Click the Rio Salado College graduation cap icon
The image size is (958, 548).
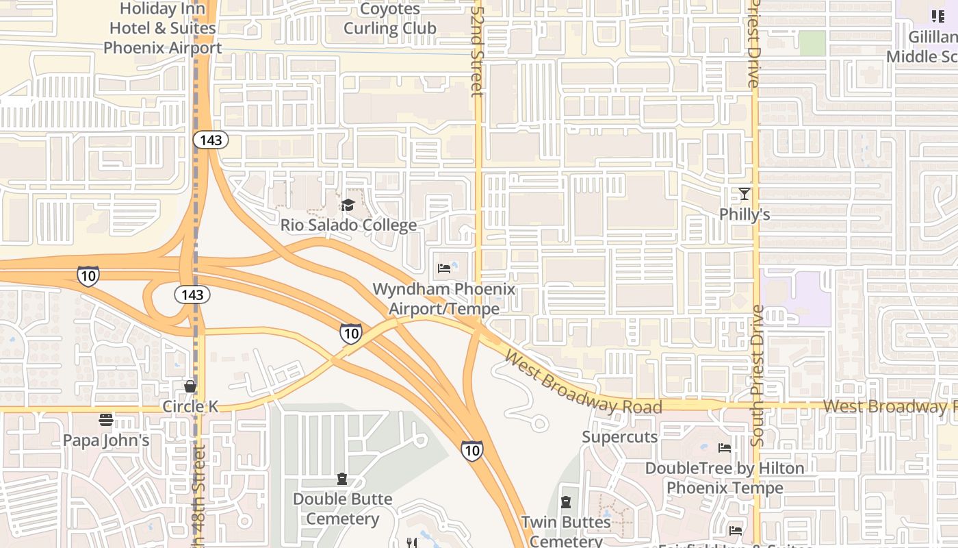pyautogui.click(x=348, y=206)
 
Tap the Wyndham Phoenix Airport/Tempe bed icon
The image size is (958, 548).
pyautogui.click(x=444, y=269)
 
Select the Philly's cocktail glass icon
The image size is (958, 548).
pyautogui.click(x=745, y=195)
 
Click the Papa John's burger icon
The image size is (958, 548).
pyautogui.click(x=105, y=419)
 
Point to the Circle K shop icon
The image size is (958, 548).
pyautogui.click(x=190, y=386)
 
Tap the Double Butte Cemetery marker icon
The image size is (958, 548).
pyautogui.click(x=342, y=479)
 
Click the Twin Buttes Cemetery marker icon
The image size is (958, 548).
pyautogui.click(x=565, y=503)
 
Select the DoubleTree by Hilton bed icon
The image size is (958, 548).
pyautogui.click(x=725, y=448)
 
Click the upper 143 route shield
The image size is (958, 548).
pyautogui.click(x=210, y=140)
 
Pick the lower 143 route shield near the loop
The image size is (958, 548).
pyautogui.click(x=192, y=295)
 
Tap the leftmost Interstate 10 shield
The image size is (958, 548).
pyautogui.click(x=88, y=276)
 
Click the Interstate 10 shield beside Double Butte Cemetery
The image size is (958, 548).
pyautogui.click(x=471, y=450)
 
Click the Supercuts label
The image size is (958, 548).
pyautogui.click(x=619, y=437)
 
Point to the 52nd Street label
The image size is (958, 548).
pyautogui.click(x=477, y=48)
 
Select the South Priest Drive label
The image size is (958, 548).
pyautogui.click(x=758, y=375)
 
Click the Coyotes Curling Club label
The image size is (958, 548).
pyautogui.click(x=389, y=19)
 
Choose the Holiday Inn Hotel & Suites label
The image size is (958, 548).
pyautogui.click(x=163, y=28)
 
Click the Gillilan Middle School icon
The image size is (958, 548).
pyautogui.click(x=937, y=16)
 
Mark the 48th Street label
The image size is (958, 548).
pyautogui.click(x=199, y=490)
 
